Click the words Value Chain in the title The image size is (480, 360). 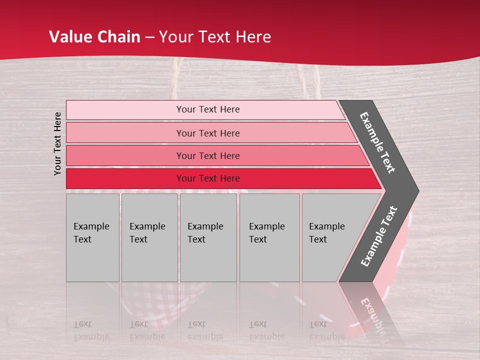94,37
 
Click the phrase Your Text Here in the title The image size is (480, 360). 214,37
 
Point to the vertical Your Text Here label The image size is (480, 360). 57,143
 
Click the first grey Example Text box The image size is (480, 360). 92,237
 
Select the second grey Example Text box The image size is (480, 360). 149,237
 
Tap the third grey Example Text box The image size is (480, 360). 208,237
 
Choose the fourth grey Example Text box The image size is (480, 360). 269,237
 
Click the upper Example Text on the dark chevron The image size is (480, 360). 377,142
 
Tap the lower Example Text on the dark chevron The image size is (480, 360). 379,236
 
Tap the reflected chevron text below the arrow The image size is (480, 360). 373,312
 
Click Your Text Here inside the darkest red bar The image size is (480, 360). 208,178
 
